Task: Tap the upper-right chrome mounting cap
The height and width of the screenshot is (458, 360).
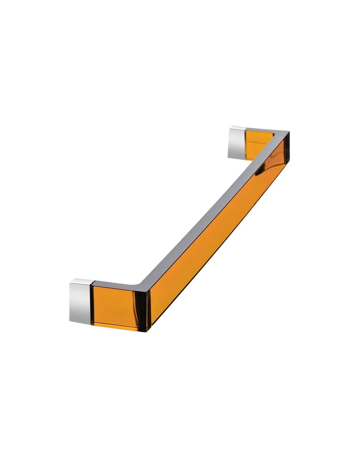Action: pos(237,145)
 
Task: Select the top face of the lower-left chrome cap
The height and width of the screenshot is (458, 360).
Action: pos(81,281)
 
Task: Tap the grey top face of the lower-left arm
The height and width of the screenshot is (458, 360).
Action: pos(115,284)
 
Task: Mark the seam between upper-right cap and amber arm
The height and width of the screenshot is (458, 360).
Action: pos(245,143)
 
